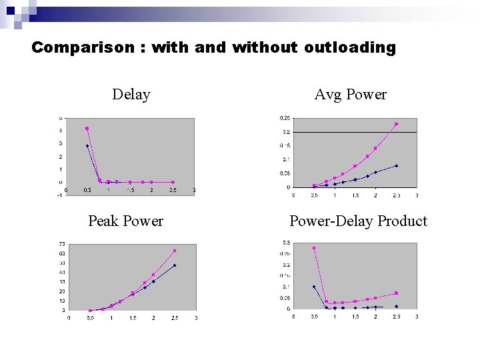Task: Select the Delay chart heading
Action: click(131, 95)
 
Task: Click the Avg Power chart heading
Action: click(350, 95)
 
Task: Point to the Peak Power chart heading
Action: click(125, 221)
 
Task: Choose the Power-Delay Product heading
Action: click(358, 221)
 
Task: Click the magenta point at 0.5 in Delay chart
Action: click(87, 129)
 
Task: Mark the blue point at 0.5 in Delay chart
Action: click(87, 145)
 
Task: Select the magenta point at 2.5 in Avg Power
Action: click(397, 124)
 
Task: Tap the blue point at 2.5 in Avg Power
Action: click(397, 165)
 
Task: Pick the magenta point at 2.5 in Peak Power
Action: click(175, 251)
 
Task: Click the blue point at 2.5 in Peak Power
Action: click(175, 265)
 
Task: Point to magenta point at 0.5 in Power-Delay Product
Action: click(314, 248)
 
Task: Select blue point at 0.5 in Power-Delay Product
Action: click(314, 287)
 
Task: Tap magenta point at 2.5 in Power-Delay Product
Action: click(397, 293)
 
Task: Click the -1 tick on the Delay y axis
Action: click(60, 195)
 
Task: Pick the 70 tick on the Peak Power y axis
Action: click(61, 243)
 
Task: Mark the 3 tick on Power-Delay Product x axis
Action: click(417, 316)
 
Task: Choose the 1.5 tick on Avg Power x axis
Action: click(355, 195)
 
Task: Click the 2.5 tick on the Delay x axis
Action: click(173, 191)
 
